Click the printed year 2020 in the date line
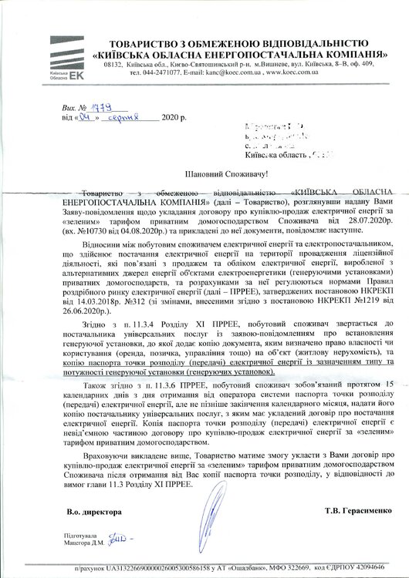pos(171,119)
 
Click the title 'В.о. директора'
pos(93,510)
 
